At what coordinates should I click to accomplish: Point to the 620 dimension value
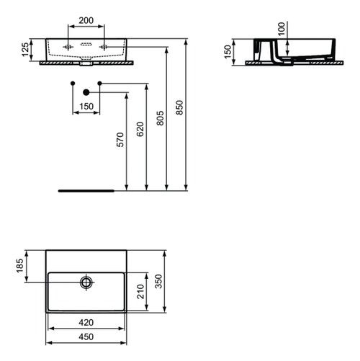(141, 128)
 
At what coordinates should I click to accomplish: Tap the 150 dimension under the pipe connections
(86, 107)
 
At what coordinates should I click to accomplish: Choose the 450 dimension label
(86, 337)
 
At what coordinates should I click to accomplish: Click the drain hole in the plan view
(86, 282)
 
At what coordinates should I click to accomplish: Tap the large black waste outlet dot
(86, 92)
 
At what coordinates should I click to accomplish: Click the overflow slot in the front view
(86, 44)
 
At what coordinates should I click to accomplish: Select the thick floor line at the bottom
(86, 192)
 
